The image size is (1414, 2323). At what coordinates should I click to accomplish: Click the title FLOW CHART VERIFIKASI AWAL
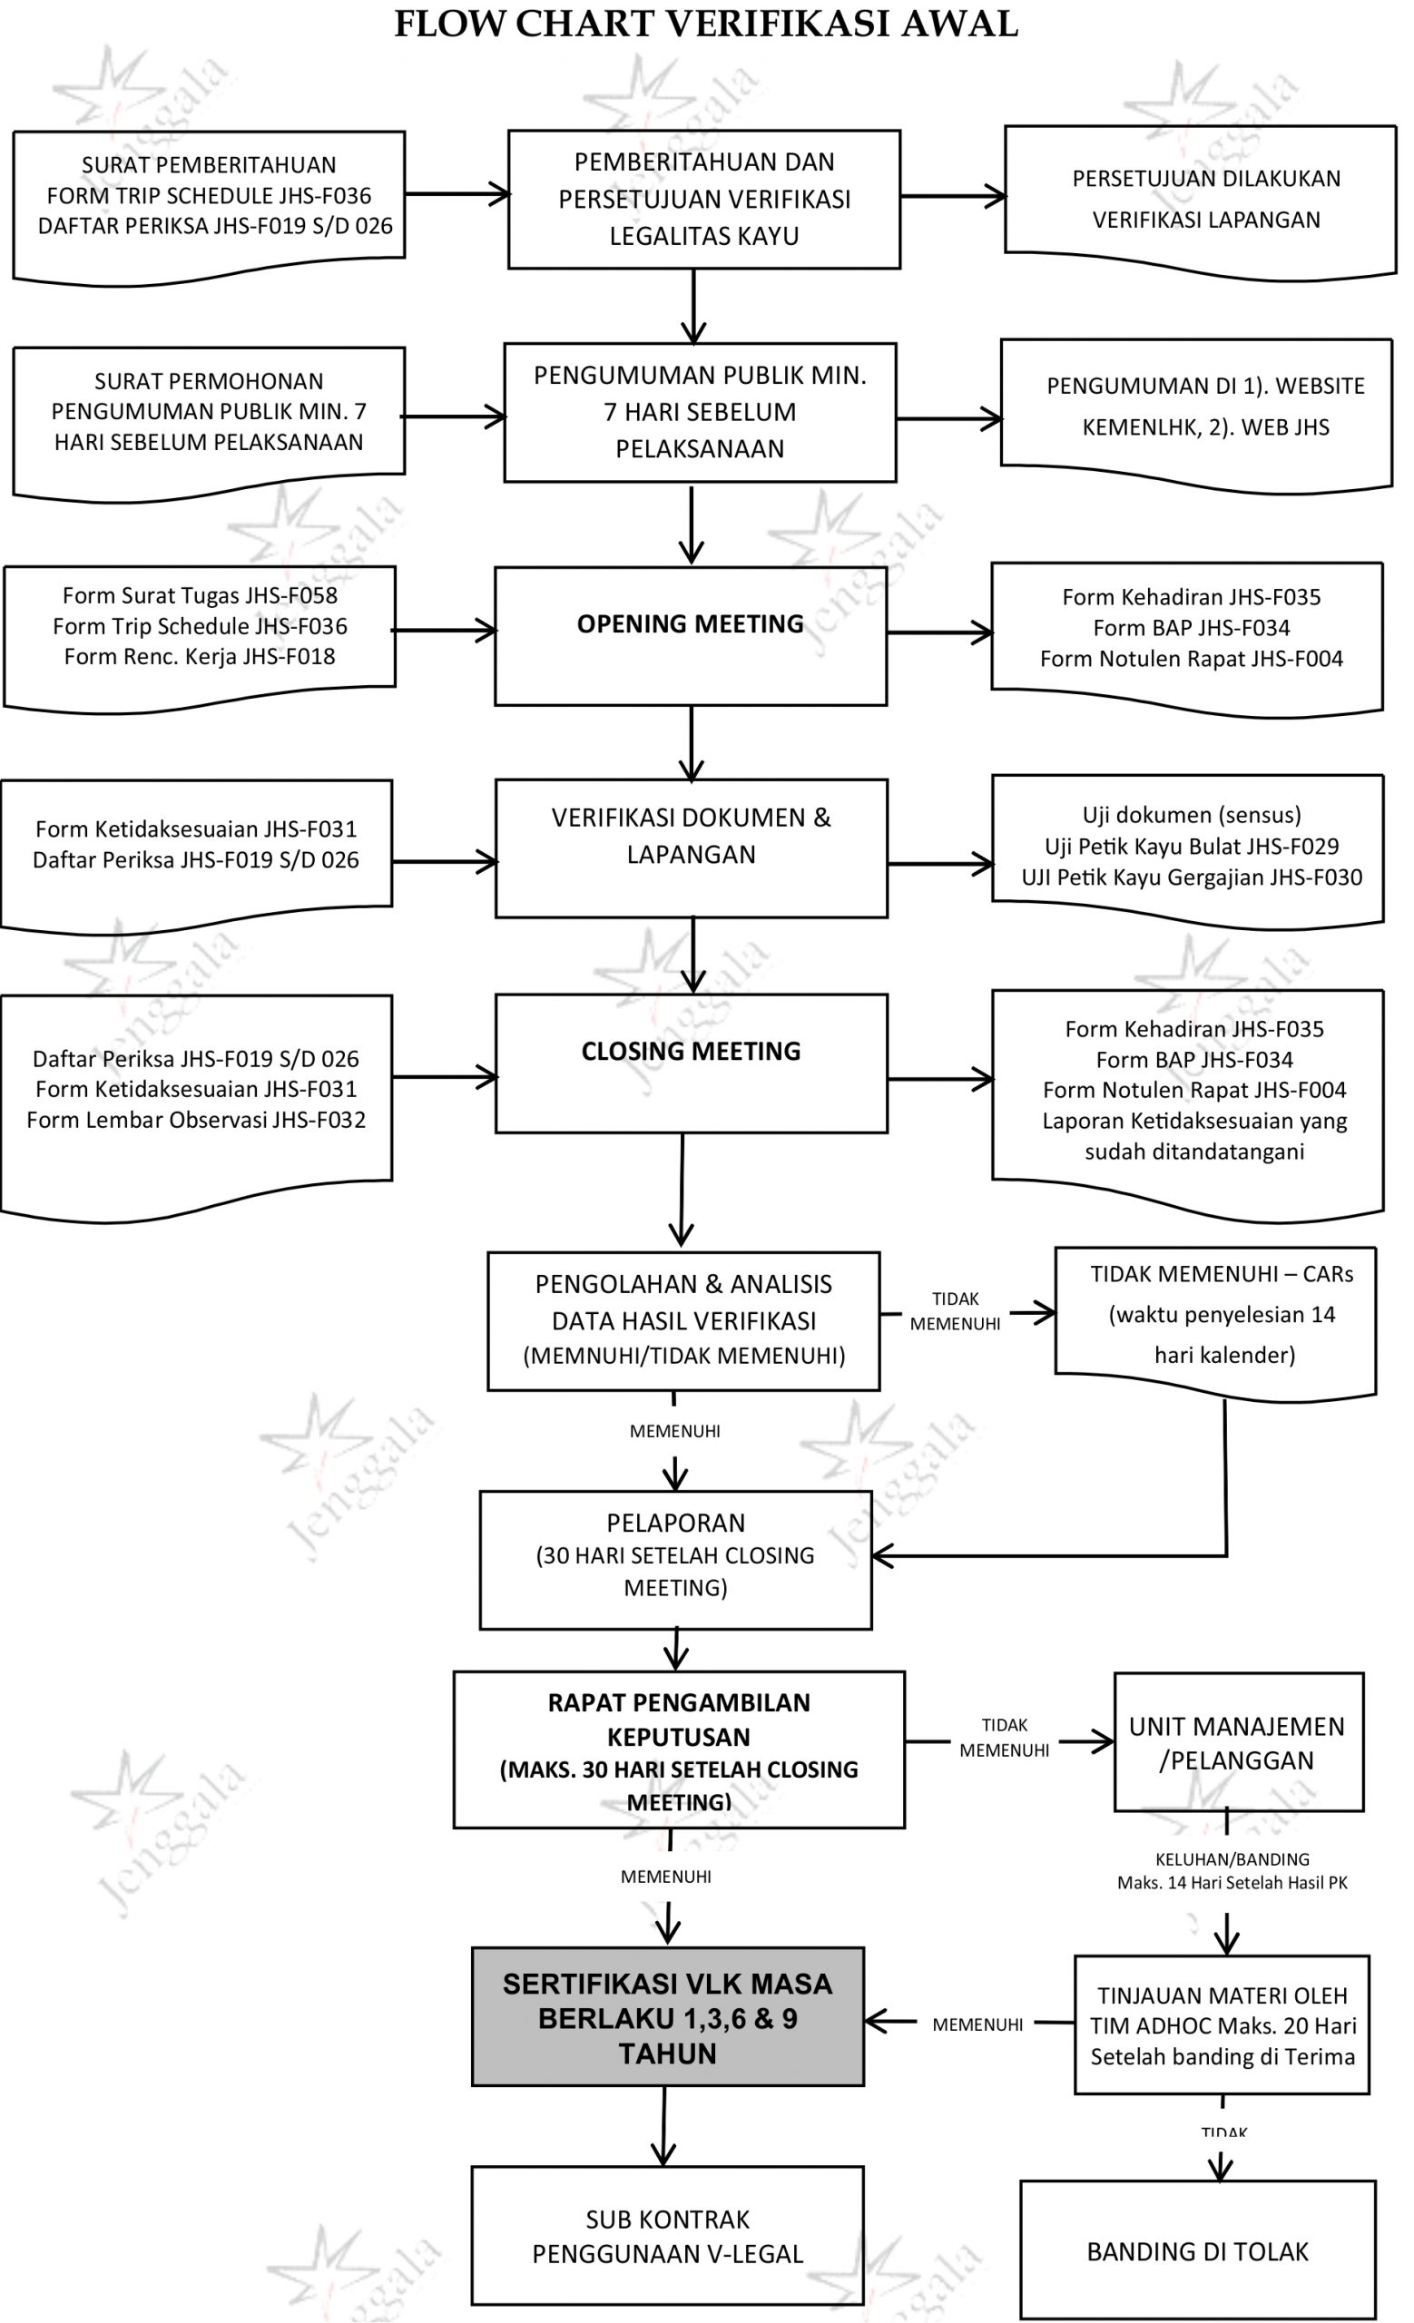705,24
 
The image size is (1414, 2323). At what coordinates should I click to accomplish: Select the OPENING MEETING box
690,635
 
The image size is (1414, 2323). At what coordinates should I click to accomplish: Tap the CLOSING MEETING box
690,1063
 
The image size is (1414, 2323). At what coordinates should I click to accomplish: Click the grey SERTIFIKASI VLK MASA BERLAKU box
667,2017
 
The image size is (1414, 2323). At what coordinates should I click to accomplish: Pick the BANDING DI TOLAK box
1197,2251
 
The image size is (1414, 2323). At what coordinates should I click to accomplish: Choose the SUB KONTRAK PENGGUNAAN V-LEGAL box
667,2235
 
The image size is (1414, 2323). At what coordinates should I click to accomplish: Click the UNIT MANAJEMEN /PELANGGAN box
1238,1742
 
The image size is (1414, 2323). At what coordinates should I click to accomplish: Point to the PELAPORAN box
675,1559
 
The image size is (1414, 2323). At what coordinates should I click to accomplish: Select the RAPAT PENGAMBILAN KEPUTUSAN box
679,1750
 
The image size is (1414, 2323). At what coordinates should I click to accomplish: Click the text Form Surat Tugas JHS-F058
200,596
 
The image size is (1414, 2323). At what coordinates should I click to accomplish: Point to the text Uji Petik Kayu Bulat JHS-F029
1192,846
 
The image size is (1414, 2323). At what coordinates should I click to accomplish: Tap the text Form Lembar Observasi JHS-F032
196,1120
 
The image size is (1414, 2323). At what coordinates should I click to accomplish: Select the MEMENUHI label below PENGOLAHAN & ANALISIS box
674,1431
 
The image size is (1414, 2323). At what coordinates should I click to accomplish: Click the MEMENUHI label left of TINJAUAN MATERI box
977,2024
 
